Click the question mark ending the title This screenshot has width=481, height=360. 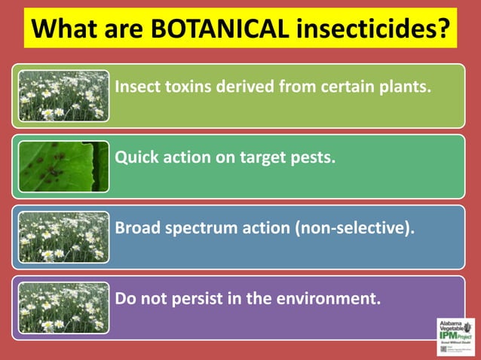point(444,29)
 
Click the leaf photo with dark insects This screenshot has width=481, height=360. point(63,166)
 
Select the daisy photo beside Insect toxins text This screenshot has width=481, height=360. point(63,96)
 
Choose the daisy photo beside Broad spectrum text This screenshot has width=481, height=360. point(63,236)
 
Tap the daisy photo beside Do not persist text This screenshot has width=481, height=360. point(63,306)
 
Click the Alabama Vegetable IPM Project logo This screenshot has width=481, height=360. point(455,335)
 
